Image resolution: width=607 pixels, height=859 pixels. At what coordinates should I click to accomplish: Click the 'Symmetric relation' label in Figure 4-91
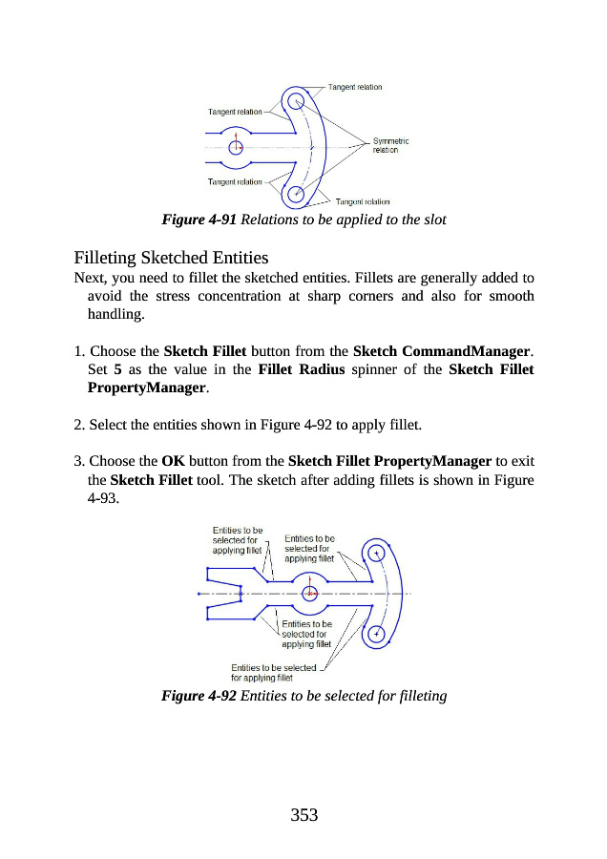[x=389, y=145]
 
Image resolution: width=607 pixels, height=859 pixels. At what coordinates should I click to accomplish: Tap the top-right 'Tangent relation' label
[x=355, y=87]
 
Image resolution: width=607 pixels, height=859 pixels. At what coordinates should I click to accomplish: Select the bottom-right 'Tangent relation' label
[x=363, y=201]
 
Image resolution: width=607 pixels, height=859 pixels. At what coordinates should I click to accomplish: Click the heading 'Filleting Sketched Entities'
[x=172, y=258]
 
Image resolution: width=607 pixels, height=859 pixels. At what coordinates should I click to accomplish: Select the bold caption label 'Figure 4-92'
[x=200, y=696]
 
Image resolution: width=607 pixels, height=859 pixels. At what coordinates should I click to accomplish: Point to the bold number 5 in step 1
[x=116, y=369]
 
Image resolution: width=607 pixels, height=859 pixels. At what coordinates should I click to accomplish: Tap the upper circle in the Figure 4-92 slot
[x=378, y=552]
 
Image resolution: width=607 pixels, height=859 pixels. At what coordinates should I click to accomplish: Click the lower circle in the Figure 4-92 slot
[x=376, y=632]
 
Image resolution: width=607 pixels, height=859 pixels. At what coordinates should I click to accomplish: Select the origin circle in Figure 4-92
[x=308, y=593]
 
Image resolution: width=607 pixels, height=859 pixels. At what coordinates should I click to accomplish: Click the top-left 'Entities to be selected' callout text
[x=237, y=540]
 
